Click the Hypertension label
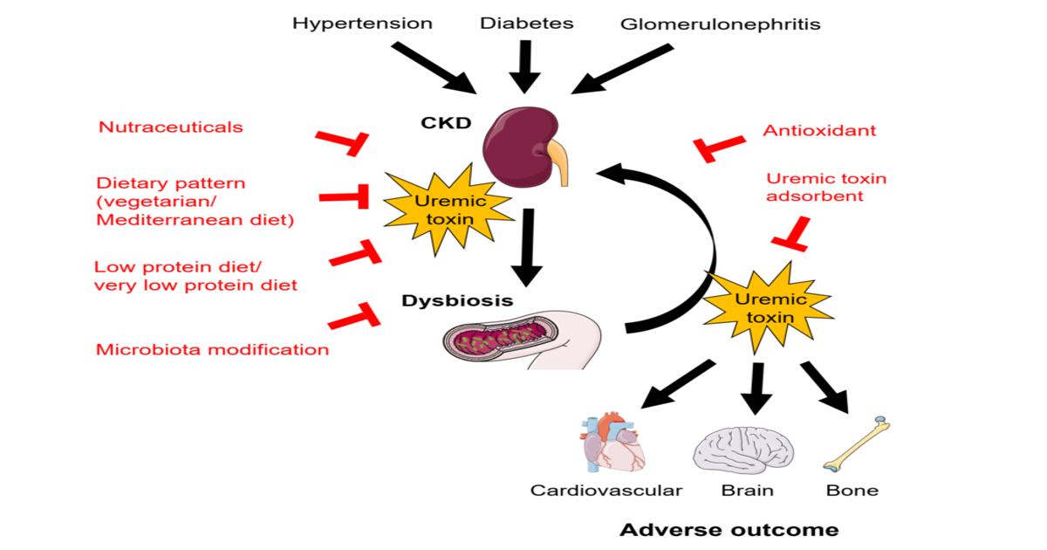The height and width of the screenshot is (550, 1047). [x=362, y=24]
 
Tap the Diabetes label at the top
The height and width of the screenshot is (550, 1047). [x=526, y=24]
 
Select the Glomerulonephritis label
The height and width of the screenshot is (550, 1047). [x=720, y=24]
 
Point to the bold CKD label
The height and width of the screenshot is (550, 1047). [x=446, y=123]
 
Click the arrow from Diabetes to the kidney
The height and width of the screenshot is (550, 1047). [x=524, y=65]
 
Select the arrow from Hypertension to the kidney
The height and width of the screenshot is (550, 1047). [x=434, y=67]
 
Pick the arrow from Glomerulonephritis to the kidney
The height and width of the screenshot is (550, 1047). [x=622, y=69]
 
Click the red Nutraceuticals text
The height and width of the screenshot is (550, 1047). [x=170, y=127]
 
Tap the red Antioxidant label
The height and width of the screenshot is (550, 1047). [x=819, y=131]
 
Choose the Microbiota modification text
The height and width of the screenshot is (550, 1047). [x=212, y=350]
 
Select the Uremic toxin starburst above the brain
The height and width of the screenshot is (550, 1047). [x=758, y=308]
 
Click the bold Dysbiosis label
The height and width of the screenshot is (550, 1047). [x=456, y=301]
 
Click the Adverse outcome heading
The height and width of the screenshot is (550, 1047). [x=729, y=530]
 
